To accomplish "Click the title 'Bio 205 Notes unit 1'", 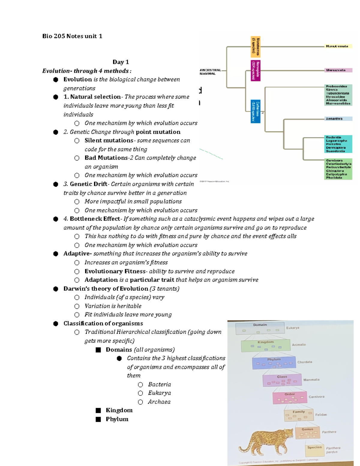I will [x=72, y=36].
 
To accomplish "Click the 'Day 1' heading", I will [x=121, y=62].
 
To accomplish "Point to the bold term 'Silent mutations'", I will [x=109, y=140].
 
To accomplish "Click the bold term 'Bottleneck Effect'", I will [x=94, y=219].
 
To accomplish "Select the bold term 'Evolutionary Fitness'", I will [x=115, y=271].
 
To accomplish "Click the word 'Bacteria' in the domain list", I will [x=159, y=384].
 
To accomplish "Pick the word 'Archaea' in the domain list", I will [x=159, y=402].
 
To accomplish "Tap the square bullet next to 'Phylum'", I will [x=98, y=419].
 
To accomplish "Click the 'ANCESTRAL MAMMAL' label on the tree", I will [x=210, y=72].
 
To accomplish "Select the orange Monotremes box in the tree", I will [x=256, y=47].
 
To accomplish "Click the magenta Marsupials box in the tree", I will [x=256, y=71].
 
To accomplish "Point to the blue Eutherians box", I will [x=256, y=111].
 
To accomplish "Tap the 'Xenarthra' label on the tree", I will [x=334, y=119].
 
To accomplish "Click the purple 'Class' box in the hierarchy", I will [x=282, y=380].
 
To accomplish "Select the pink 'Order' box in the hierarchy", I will [x=289, y=398].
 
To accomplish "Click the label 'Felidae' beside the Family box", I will [x=321, y=415].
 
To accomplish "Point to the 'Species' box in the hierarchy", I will [x=314, y=447].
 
